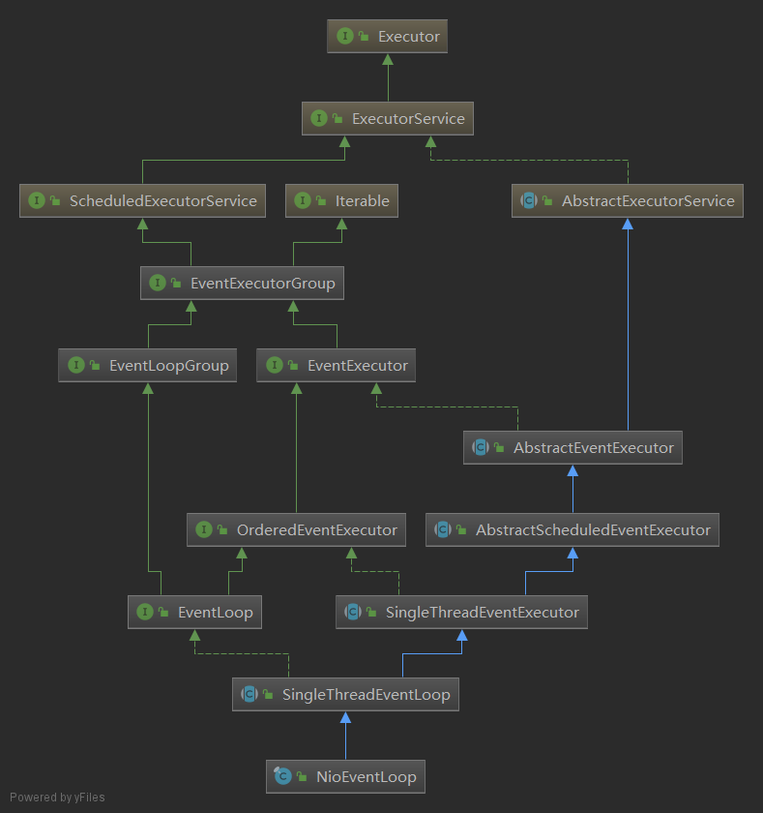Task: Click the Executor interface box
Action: click(387, 37)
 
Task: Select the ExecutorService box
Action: click(388, 119)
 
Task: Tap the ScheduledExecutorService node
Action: click(142, 201)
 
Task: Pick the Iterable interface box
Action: click(341, 201)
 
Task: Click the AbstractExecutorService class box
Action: click(628, 201)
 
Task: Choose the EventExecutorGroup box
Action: click(242, 284)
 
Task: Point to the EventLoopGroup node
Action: click(148, 366)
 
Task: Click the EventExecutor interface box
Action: click(337, 366)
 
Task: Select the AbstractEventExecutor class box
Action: click(572, 448)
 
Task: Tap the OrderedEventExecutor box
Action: click(296, 530)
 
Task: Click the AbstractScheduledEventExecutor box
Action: click(572, 530)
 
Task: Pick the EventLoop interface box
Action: click(194, 613)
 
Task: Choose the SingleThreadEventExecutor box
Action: click(461, 613)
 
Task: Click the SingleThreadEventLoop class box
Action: click(345, 695)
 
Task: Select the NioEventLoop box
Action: click(345, 777)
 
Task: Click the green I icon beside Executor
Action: click(344, 37)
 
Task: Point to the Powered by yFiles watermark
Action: click(57, 798)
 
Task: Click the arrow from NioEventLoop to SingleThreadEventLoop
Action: click(345, 736)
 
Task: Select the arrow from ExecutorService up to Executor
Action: click(387, 77)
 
